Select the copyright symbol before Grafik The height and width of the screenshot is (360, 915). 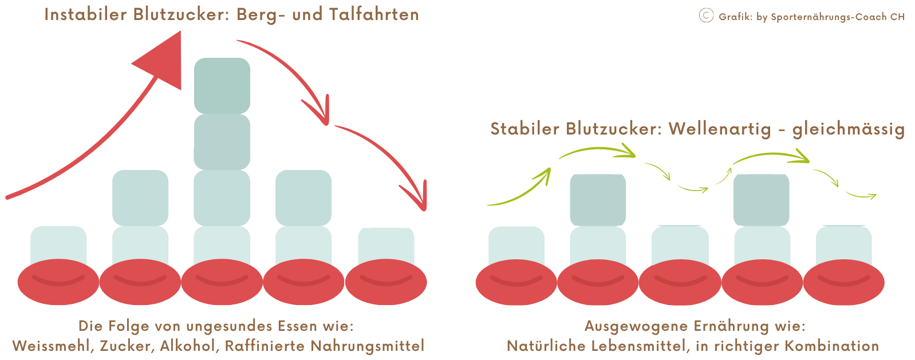pos(706,15)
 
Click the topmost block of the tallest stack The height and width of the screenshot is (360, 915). pos(222,85)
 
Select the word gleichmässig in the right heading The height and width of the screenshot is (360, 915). pos(849,129)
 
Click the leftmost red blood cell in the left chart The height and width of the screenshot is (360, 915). pos(58,282)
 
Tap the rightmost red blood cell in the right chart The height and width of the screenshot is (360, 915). pos(843,282)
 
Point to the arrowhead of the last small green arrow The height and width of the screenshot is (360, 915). pos(871,196)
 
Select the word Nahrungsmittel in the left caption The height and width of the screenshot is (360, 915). pos(367,346)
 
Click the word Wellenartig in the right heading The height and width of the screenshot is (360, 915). pos(720,129)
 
